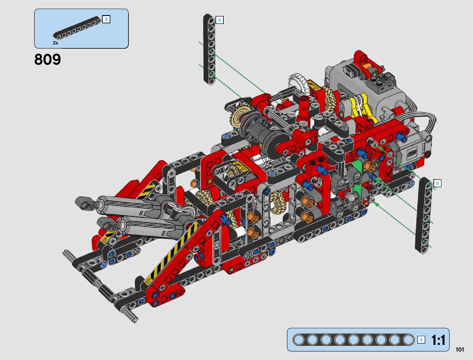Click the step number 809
tap(48, 59)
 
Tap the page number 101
tap(460, 349)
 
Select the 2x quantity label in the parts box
tap(55, 43)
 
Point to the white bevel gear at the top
tap(298, 82)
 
